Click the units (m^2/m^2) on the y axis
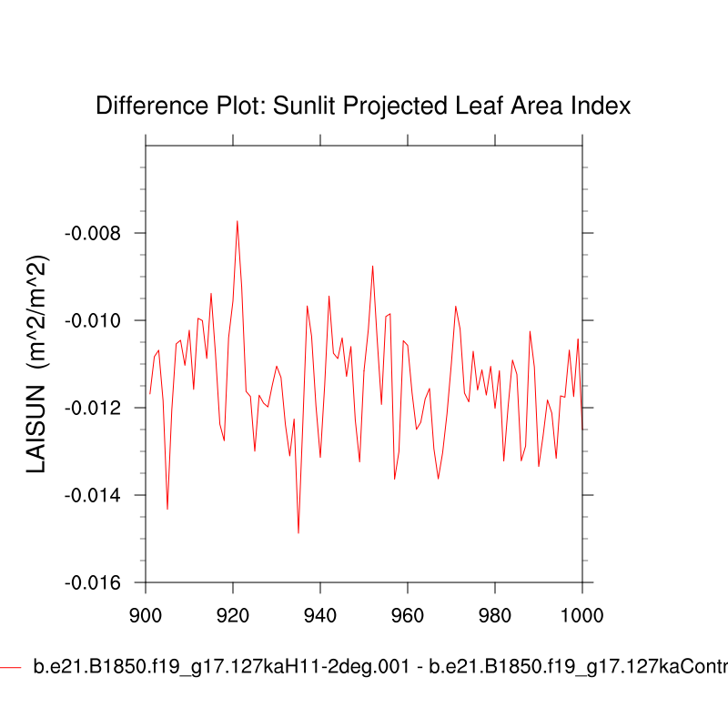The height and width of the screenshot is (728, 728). tap(36, 309)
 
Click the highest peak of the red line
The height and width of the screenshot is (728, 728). tap(238, 220)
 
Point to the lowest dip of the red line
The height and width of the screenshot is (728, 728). tap(298, 532)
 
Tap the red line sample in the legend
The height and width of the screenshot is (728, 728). tap(11, 667)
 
